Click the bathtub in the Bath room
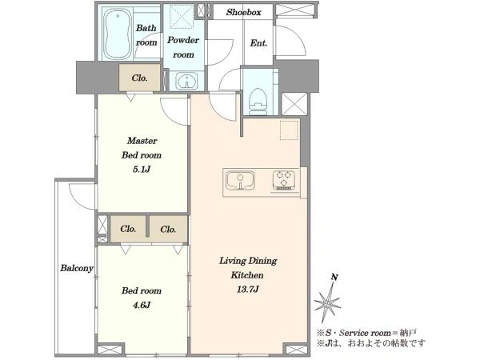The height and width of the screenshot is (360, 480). tap(118, 34)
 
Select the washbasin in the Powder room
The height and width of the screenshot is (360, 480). tap(186, 81)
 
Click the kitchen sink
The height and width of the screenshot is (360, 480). tap(240, 181)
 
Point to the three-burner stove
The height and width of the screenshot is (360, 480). tap(284, 180)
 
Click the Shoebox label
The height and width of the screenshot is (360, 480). tap(244, 12)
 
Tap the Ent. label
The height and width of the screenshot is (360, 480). tap(258, 43)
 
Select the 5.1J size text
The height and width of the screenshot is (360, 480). tap(142, 170)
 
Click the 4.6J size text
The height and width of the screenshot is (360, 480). tap(142, 305)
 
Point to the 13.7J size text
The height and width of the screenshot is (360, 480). tap(248, 289)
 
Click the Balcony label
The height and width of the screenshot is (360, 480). tap(77, 268)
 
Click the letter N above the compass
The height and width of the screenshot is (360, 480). tap(334, 278)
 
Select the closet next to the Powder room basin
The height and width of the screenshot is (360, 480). tap(139, 78)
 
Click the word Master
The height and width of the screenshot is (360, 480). tap(142, 141)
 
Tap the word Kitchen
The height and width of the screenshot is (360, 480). tap(247, 275)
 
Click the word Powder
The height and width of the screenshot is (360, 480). tap(183, 40)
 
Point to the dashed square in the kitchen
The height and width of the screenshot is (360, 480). tap(289, 130)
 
